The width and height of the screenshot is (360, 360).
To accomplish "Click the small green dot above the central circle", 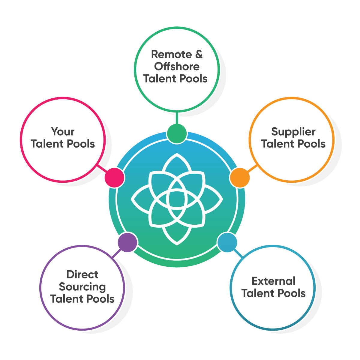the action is (177, 133).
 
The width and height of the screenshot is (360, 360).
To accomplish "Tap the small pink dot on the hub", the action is (114, 178).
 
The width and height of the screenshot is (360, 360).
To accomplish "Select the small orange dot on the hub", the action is (240, 178).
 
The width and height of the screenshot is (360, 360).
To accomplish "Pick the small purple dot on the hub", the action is (127, 242).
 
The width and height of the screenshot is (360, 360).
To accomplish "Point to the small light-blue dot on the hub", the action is (227, 242).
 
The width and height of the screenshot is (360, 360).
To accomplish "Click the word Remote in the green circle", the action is (171, 54).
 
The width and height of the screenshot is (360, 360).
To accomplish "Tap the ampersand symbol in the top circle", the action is (199, 54).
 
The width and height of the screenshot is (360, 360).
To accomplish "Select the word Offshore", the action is (177, 67).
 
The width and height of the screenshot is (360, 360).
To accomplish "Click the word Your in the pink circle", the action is (63, 131).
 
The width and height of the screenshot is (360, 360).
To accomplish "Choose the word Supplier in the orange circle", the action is (293, 132).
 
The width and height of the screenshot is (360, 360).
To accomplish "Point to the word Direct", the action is (82, 274).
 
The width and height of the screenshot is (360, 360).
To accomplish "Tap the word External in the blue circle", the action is (273, 281).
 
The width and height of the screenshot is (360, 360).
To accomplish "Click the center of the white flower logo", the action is (177, 199).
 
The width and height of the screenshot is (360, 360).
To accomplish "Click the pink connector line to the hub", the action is (102, 169).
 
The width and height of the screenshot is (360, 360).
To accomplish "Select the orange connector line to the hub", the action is (252, 169).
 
